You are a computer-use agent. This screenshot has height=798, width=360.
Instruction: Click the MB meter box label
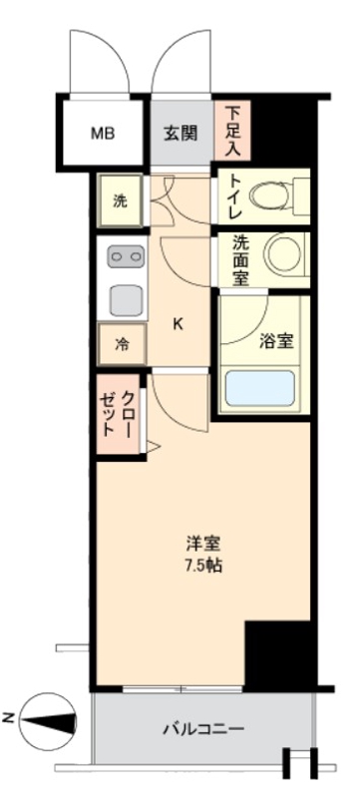104,133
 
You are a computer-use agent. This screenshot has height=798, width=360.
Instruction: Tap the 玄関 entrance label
181,133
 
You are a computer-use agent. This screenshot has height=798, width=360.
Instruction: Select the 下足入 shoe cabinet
232,129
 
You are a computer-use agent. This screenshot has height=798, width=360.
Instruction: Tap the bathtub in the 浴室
259,388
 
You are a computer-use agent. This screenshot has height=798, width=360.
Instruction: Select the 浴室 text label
275,341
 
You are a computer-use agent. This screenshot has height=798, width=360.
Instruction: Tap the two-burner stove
125,257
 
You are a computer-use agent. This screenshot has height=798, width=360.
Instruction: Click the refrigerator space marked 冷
122,345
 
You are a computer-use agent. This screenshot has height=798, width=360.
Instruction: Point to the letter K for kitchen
179,323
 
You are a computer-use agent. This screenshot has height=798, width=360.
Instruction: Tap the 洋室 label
202,545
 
